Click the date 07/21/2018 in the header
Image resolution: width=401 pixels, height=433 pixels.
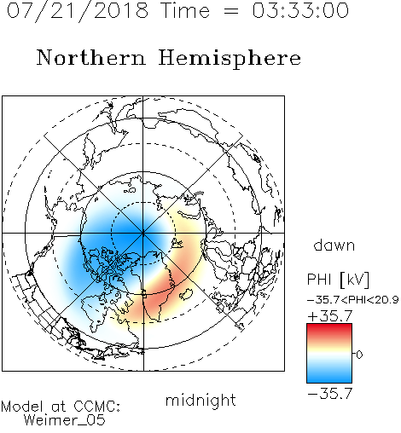pos(78,10)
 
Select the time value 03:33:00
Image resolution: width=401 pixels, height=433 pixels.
pos(300,10)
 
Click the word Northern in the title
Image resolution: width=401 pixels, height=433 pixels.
pos(91,57)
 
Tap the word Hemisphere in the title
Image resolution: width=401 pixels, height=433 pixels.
pos(230,58)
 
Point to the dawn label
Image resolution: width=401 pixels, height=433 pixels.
pos(334,245)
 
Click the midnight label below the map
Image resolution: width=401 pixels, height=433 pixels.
pos(200,401)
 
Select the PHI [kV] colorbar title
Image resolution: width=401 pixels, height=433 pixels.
pos(338,280)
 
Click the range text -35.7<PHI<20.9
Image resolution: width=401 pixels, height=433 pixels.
pos(352,300)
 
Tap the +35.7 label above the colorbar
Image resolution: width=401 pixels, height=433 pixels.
pos(330,316)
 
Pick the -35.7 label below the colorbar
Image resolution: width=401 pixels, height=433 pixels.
pos(330,394)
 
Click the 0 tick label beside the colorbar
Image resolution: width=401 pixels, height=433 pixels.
pos(359,355)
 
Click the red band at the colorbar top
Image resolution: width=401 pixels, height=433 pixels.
pos(329,328)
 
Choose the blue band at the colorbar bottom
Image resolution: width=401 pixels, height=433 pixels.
pos(329,377)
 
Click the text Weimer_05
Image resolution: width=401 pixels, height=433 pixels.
pos(65,419)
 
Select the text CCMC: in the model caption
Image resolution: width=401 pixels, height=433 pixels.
pos(97,407)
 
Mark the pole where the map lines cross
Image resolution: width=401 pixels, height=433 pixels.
pos(143,233)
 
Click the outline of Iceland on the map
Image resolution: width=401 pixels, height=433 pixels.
pos(187,294)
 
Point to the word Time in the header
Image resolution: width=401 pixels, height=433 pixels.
pos(185,10)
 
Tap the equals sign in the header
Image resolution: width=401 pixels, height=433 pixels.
pos(230,11)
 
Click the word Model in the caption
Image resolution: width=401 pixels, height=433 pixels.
pos(22,407)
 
